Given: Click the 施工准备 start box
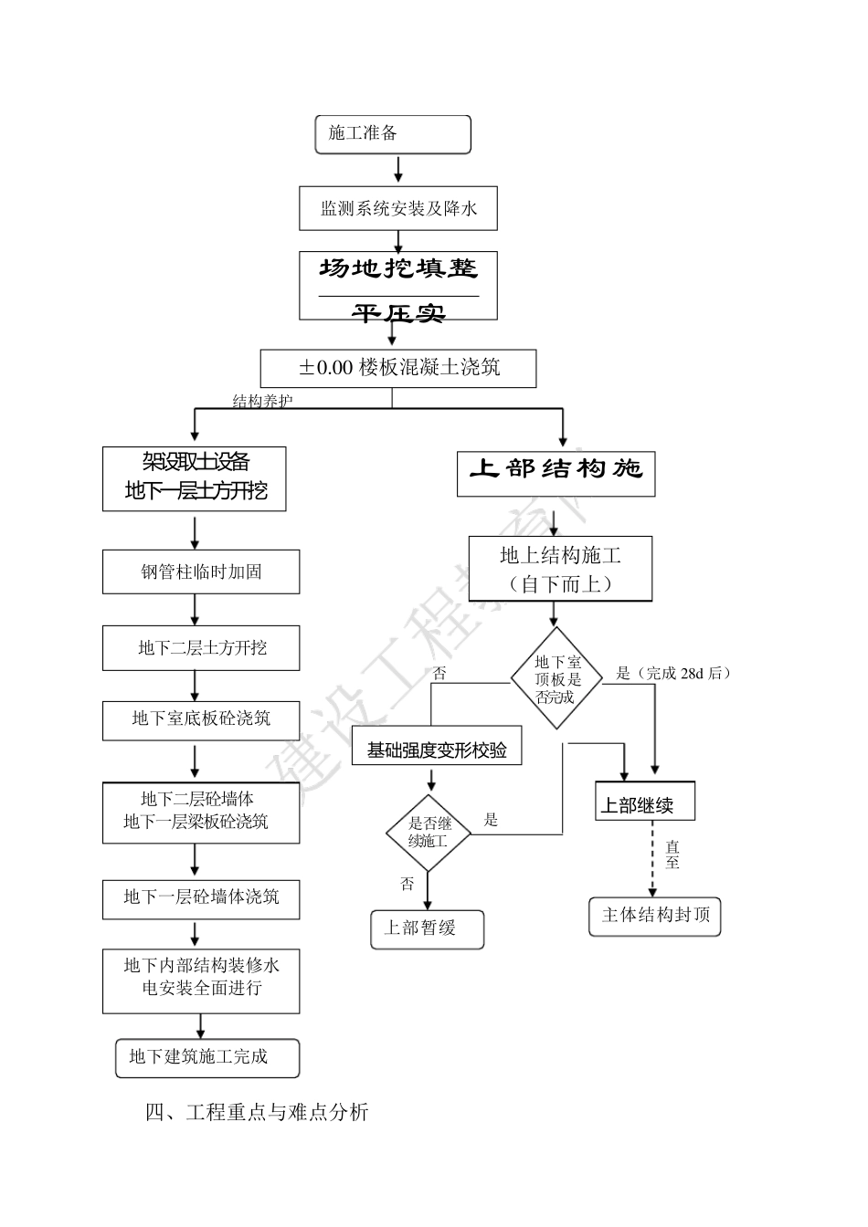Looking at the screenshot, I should (393, 134).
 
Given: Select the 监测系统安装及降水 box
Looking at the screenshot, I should (398, 209).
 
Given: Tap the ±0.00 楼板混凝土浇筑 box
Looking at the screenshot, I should (398, 369).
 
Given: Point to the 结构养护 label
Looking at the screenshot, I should (263, 401).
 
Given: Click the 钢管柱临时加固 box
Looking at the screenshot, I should (201, 572).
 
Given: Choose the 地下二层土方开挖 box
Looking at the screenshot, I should (201, 648).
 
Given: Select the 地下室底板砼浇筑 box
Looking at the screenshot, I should (201, 718).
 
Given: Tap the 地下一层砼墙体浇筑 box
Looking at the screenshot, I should (201, 897).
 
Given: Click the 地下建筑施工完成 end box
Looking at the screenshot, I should (207, 1057).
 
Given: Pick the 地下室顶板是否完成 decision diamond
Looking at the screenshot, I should (557, 679).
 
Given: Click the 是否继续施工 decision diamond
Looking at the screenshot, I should (428, 833).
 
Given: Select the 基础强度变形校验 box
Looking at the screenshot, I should (436, 750).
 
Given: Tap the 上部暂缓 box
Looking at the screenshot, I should (427, 928).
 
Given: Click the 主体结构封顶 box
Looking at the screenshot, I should (655, 916).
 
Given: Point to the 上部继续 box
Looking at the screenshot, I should (645, 802).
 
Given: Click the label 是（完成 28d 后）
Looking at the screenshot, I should (673, 674).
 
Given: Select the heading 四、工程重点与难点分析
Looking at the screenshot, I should (257, 1113).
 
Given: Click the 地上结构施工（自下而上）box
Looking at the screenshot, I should (560, 569).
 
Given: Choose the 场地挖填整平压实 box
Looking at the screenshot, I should (398, 286).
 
